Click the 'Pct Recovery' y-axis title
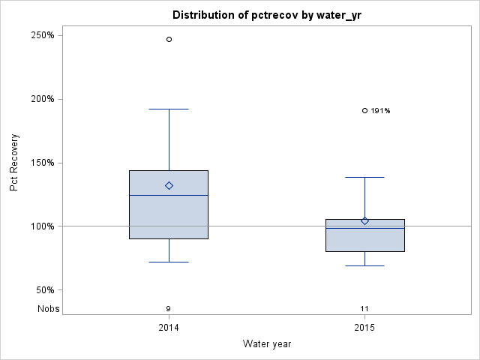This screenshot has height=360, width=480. tap(14, 163)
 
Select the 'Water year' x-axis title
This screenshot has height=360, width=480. tap(266, 343)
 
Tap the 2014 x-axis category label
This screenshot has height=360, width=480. tap(169, 328)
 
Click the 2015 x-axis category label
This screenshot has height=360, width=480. tap(364, 328)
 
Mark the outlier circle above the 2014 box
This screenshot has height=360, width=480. tap(169, 39)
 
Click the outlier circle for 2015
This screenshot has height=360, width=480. tap(364, 110)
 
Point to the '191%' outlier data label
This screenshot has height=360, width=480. tap(380, 111)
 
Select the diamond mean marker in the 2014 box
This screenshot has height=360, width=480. tap(169, 185)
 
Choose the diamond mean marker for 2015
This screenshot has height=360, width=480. tap(364, 220)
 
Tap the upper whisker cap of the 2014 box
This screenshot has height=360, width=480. tap(169, 109)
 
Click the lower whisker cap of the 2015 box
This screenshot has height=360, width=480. tap(364, 265)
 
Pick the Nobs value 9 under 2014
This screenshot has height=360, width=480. tap(169, 308)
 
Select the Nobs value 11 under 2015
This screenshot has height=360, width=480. tap(364, 308)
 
